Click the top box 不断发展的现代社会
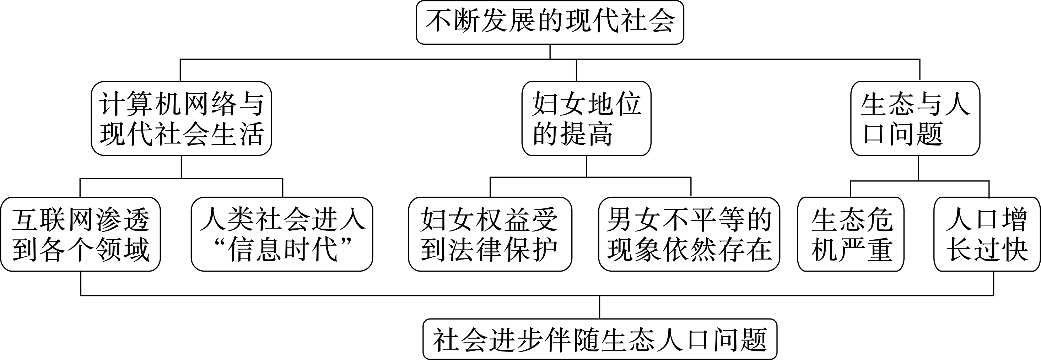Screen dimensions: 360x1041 550,22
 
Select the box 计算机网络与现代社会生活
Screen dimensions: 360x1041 181,118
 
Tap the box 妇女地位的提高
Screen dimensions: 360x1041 586,118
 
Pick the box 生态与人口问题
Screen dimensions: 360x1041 915,118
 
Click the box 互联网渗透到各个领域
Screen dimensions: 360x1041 80,234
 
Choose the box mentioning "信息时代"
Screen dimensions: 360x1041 282,234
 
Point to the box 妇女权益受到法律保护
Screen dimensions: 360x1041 490,234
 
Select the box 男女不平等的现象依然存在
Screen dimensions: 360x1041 689,234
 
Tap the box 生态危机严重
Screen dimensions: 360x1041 851,234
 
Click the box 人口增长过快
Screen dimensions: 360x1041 987,234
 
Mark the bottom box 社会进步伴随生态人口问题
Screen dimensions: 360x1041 600,339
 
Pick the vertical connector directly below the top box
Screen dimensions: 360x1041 550,52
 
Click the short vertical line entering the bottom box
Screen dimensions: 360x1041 600,307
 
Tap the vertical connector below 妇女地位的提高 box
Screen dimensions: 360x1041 586,166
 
